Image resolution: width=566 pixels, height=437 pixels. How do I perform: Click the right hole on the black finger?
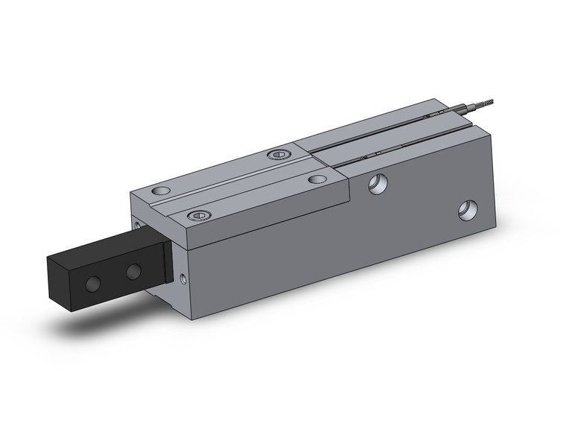click(133, 272)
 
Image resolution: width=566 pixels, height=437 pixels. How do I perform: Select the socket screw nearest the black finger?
click(198, 216)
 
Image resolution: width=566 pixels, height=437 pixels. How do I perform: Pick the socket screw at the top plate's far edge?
click(277, 155)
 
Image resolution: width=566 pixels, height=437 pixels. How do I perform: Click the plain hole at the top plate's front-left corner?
click(159, 191)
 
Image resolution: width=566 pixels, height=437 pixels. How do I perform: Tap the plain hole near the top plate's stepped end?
click(318, 179)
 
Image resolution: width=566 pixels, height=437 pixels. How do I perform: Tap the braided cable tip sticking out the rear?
click(488, 103)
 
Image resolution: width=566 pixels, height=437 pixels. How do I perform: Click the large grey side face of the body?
click(335, 246)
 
